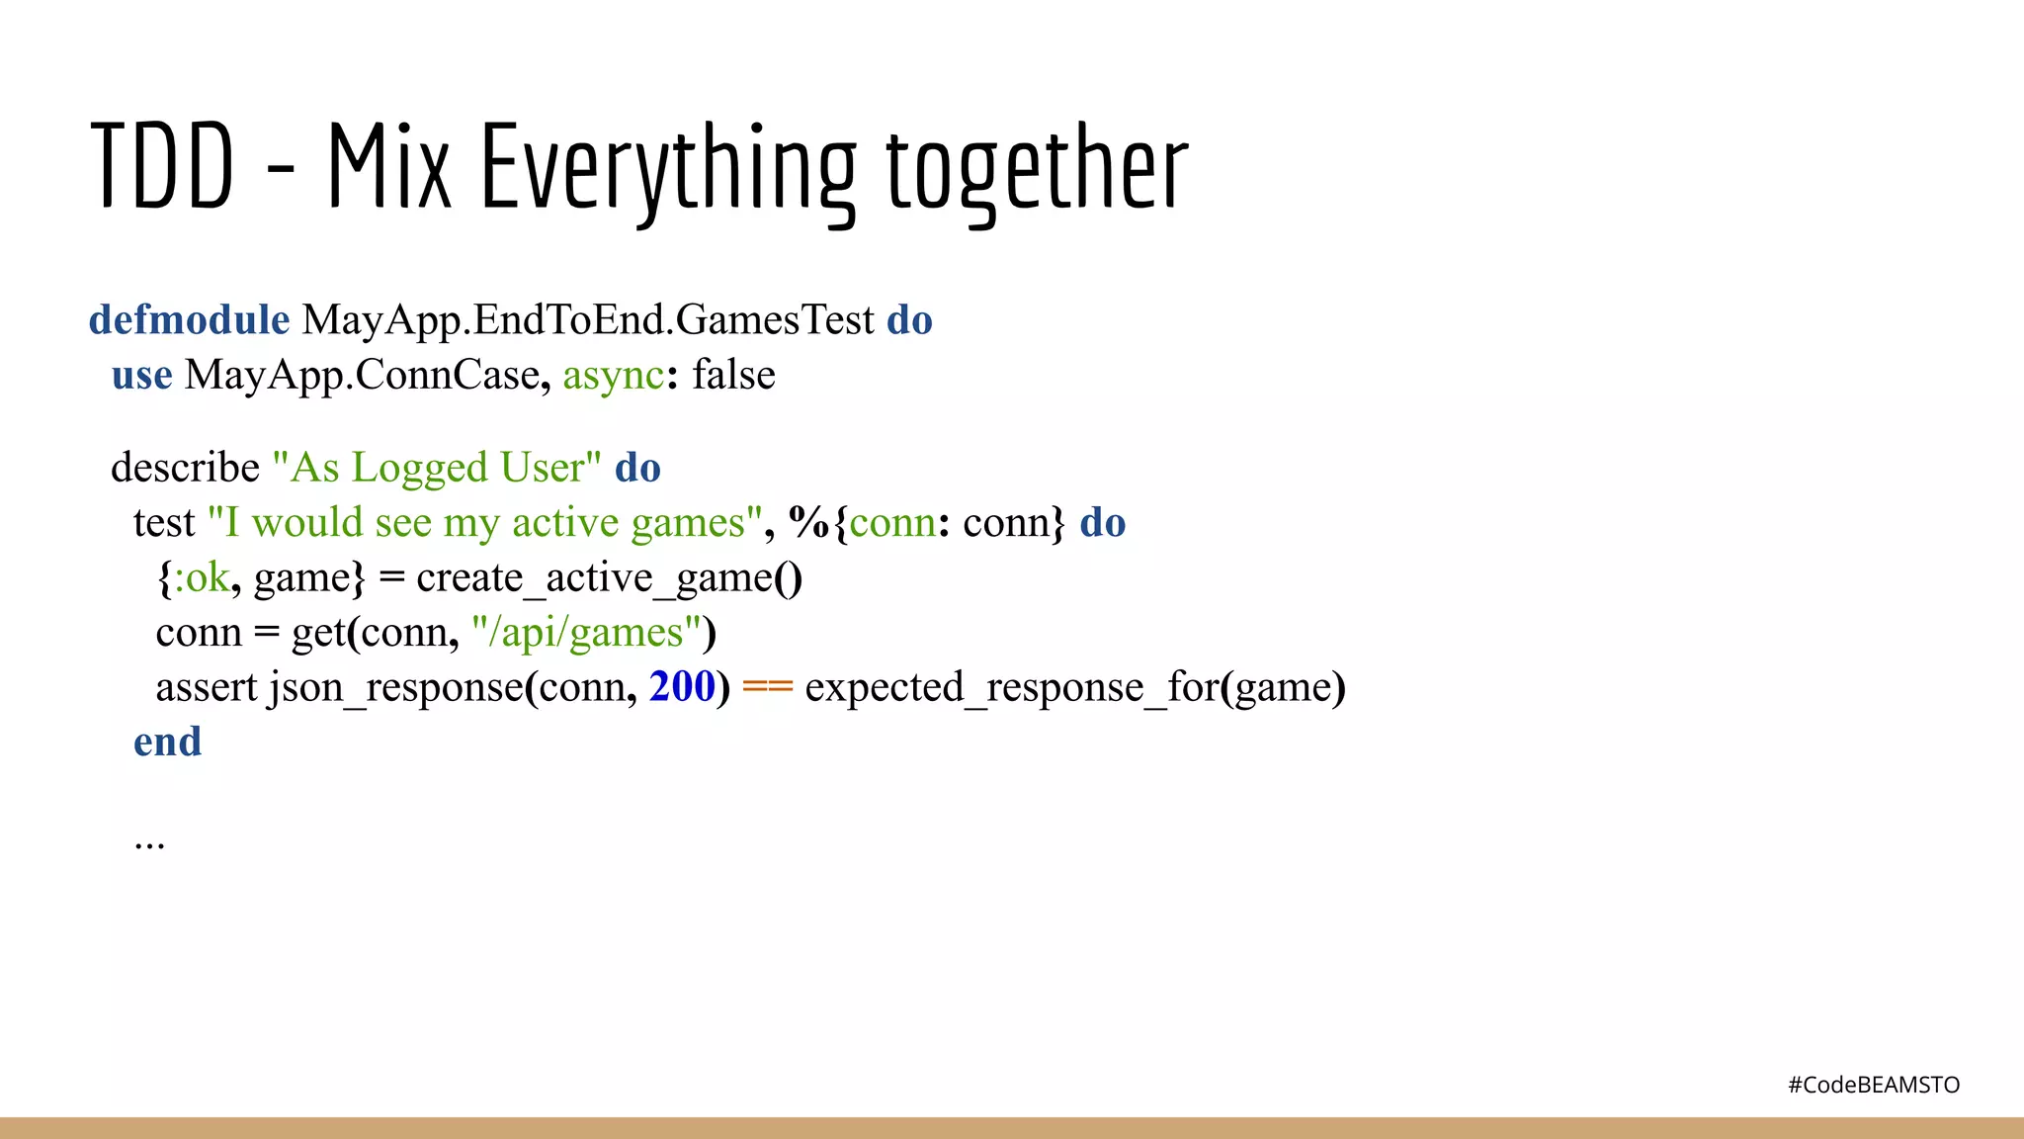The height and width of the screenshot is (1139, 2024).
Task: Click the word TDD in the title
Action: coord(162,167)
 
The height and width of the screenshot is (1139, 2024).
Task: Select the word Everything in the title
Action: coord(668,169)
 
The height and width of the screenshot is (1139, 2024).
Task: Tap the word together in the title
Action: coord(1037,169)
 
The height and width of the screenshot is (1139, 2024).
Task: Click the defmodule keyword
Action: coord(189,320)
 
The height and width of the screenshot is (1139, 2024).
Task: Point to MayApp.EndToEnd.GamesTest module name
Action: coord(588,320)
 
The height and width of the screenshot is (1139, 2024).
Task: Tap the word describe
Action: coord(185,468)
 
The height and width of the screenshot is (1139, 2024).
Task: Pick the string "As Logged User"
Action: coord(436,468)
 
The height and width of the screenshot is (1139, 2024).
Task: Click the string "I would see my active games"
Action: coord(484,523)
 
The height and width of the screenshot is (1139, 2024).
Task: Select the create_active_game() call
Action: coord(609,577)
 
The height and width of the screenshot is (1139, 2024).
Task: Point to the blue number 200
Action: coord(681,687)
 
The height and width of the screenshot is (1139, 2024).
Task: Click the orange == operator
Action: coord(767,687)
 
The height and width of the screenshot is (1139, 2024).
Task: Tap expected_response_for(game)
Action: coord(1074,687)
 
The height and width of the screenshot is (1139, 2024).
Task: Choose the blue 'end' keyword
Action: coord(167,742)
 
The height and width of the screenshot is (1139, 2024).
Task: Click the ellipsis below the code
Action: coord(149,843)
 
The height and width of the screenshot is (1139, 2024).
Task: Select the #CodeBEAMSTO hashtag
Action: coord(1873,1085)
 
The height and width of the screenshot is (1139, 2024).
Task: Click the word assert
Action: coord(206,687)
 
